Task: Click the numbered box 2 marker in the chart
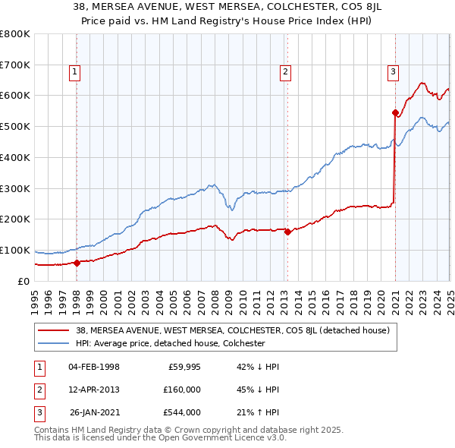(286, 73)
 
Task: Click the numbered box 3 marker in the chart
(394, 73)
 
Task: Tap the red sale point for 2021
(395, 113)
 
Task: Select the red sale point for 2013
(287, 232)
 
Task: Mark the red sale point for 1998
(77, 263)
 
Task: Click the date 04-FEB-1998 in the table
(94, 367)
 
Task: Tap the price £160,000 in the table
(181, 390)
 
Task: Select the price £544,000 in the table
(181, 412)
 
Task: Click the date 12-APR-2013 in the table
(94, 390)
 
